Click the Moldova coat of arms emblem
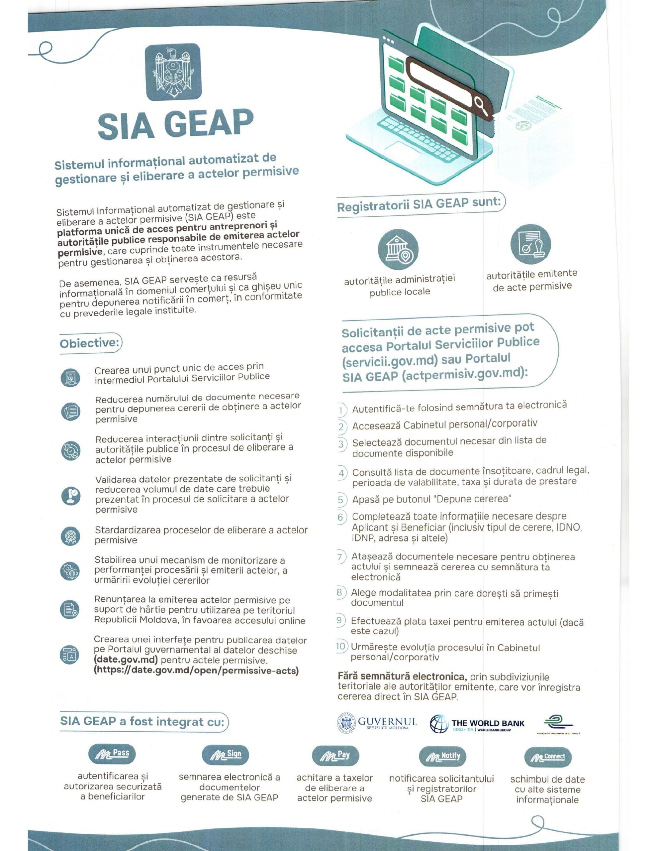[173, 72]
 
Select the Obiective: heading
[89, 343]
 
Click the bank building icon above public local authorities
[398, 249]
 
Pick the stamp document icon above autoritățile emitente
[530, 244]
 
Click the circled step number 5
[341, 500]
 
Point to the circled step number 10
[340, 647]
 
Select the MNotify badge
[442, 756]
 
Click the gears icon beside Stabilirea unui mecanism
[70, 571]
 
